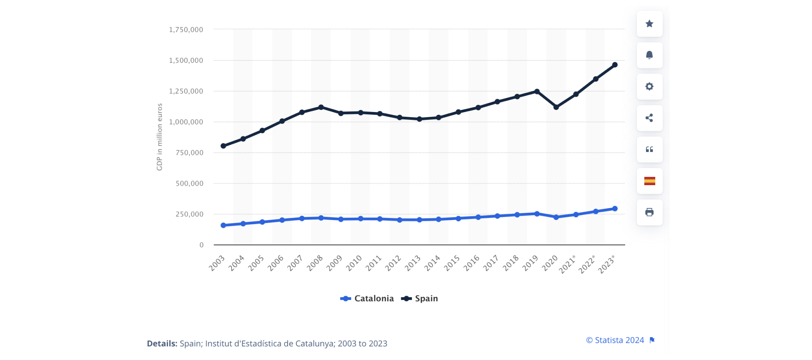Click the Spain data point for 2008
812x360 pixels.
321,107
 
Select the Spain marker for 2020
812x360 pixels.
556,107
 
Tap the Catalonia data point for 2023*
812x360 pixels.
615,209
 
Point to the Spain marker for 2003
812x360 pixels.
223,146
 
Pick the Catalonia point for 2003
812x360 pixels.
223,226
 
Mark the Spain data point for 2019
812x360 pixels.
537,92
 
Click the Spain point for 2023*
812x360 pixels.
615,65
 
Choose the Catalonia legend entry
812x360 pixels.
367,299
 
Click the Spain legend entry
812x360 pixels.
420,299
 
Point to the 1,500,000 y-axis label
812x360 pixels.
186,60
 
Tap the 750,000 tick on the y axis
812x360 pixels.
189,153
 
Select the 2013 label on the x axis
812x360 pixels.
413,263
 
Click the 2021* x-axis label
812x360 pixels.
568,264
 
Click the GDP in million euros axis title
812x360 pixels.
160,137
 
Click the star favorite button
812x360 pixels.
650,24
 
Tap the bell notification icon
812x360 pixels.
650,55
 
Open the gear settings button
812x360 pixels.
650,86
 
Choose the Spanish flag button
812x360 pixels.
650,181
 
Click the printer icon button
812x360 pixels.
650,212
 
